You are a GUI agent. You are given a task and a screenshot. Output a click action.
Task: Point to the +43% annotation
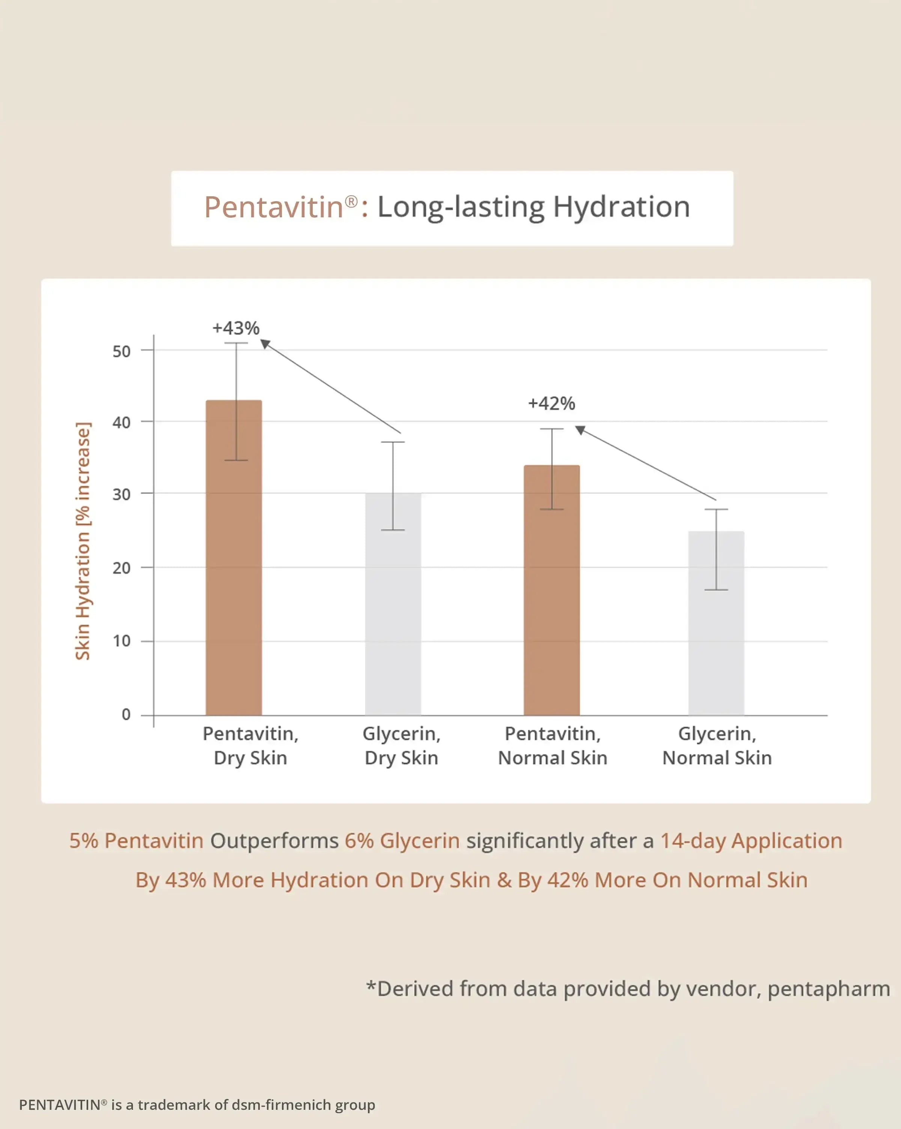point(236,328)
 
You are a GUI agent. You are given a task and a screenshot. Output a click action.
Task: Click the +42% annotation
point(551,404)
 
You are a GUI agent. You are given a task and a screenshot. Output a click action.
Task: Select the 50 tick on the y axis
point(122,351)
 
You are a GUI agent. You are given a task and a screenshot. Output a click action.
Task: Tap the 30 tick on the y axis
point(122,494)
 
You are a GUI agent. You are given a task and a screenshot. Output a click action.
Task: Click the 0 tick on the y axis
point(126,714)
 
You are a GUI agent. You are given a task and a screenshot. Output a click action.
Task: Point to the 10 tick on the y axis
point(122,641)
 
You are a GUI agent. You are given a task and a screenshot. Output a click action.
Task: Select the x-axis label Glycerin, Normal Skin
point(717,746)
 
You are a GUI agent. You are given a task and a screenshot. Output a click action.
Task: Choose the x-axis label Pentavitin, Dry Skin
point(250,746)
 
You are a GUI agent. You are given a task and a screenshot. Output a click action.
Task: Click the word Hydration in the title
point(621,207)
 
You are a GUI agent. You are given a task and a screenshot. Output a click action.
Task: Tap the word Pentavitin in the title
point(273,207)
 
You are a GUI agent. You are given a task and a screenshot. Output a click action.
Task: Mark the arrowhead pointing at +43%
point(265,343)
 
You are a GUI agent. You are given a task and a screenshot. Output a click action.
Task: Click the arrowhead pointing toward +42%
point(580,430)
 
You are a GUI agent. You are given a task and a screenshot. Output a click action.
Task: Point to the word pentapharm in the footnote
point(829,989)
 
